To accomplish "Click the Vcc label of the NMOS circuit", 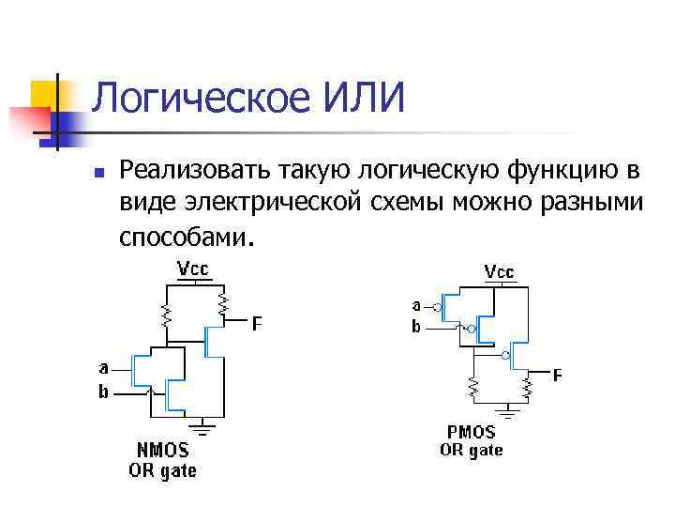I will pyautogui.click(x=193, y=269).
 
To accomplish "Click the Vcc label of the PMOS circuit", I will pyautogui.click(x=499, y=272).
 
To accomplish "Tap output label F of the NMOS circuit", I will pyautogui.click(x=256, y=324).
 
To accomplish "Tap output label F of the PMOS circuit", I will pyautogui.click(x=557, y=376).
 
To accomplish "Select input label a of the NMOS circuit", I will pyautogui.click(x=104, y=366).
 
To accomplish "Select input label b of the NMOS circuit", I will pyautogui.click(x=104, y=392).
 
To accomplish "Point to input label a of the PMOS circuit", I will pyautogui.click(x=416, y=305).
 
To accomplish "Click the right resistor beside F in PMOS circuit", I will pyautogui.click(x=529, y=387).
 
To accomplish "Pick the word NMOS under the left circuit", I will pyautogui.click(x=162, y=452).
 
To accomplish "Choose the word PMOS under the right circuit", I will pyautogui.click(x=472, y=433).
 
